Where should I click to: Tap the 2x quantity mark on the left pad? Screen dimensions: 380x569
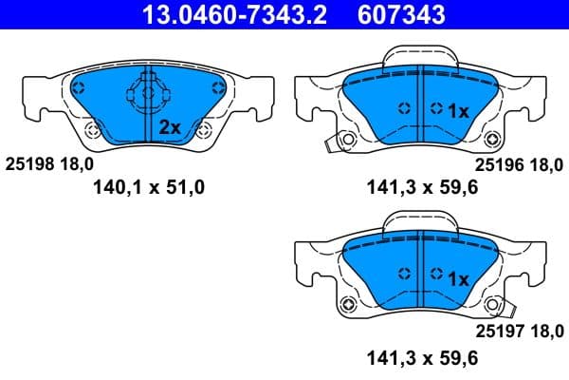pos(170,126)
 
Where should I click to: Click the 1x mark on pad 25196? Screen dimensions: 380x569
pos(458,110)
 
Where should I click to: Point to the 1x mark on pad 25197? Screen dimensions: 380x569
pos(458,278)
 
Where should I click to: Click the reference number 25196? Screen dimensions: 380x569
pos(498,163)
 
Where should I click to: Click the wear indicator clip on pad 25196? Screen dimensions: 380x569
pos(331,143)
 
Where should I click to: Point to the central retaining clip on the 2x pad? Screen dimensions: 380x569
pos(143,96)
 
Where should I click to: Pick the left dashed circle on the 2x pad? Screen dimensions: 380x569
pos(78,88)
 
